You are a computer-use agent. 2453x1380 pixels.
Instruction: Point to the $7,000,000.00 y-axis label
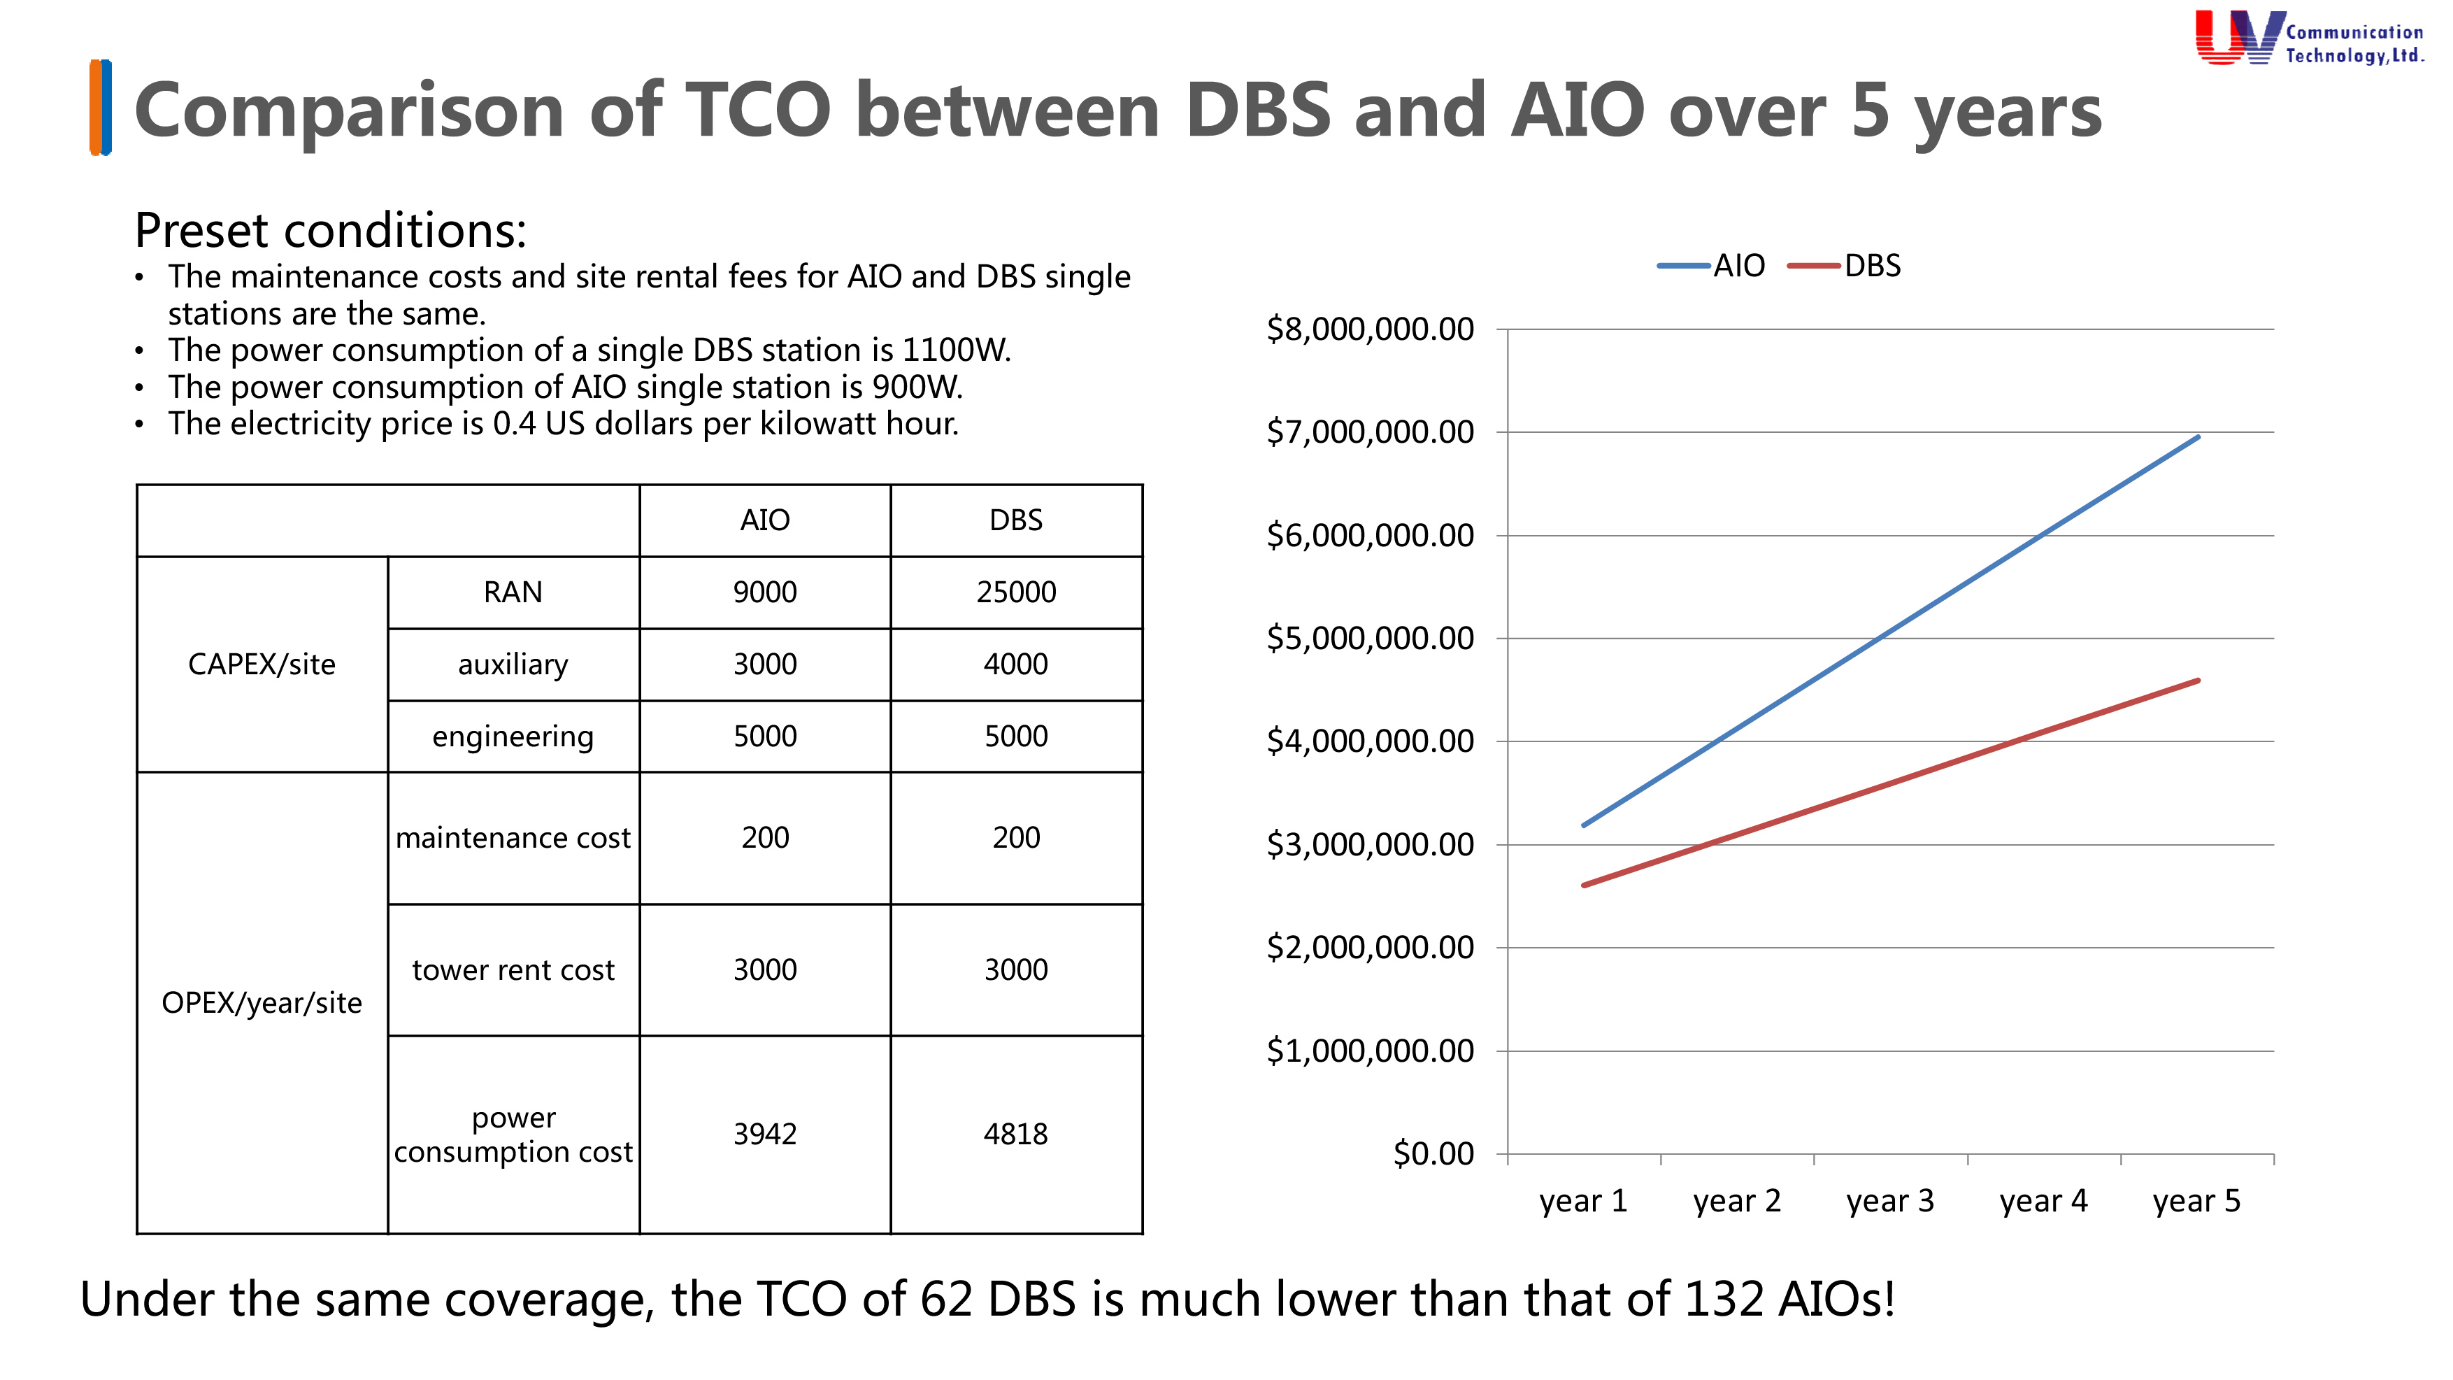1369,432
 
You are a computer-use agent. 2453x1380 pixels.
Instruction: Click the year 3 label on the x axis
1889,1201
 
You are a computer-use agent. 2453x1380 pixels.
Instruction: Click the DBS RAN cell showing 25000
1015,592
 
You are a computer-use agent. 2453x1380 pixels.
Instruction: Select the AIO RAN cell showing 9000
765,592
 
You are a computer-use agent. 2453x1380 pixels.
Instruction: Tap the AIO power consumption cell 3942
765,1134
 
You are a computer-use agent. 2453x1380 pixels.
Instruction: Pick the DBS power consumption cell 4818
1015,1134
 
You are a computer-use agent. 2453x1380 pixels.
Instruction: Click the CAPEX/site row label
262,664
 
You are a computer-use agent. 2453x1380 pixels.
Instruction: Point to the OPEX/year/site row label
262,1003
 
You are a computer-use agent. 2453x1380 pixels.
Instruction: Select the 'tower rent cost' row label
513,969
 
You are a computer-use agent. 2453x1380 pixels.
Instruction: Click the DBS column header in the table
1015,520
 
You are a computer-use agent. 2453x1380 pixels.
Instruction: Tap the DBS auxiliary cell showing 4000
1015,664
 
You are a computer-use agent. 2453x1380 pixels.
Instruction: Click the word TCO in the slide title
758,111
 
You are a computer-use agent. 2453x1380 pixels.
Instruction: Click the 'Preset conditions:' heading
331,231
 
